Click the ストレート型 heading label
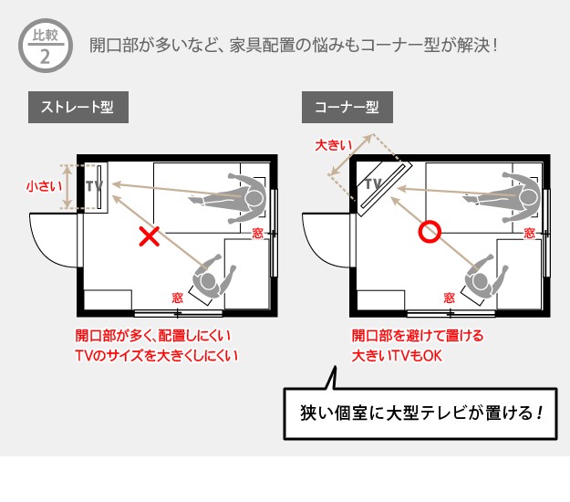click(78, 107)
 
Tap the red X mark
click(149, 237)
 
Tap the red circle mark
click(428, 233)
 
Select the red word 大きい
click(332, 145)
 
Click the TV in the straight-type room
click(94, 186)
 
